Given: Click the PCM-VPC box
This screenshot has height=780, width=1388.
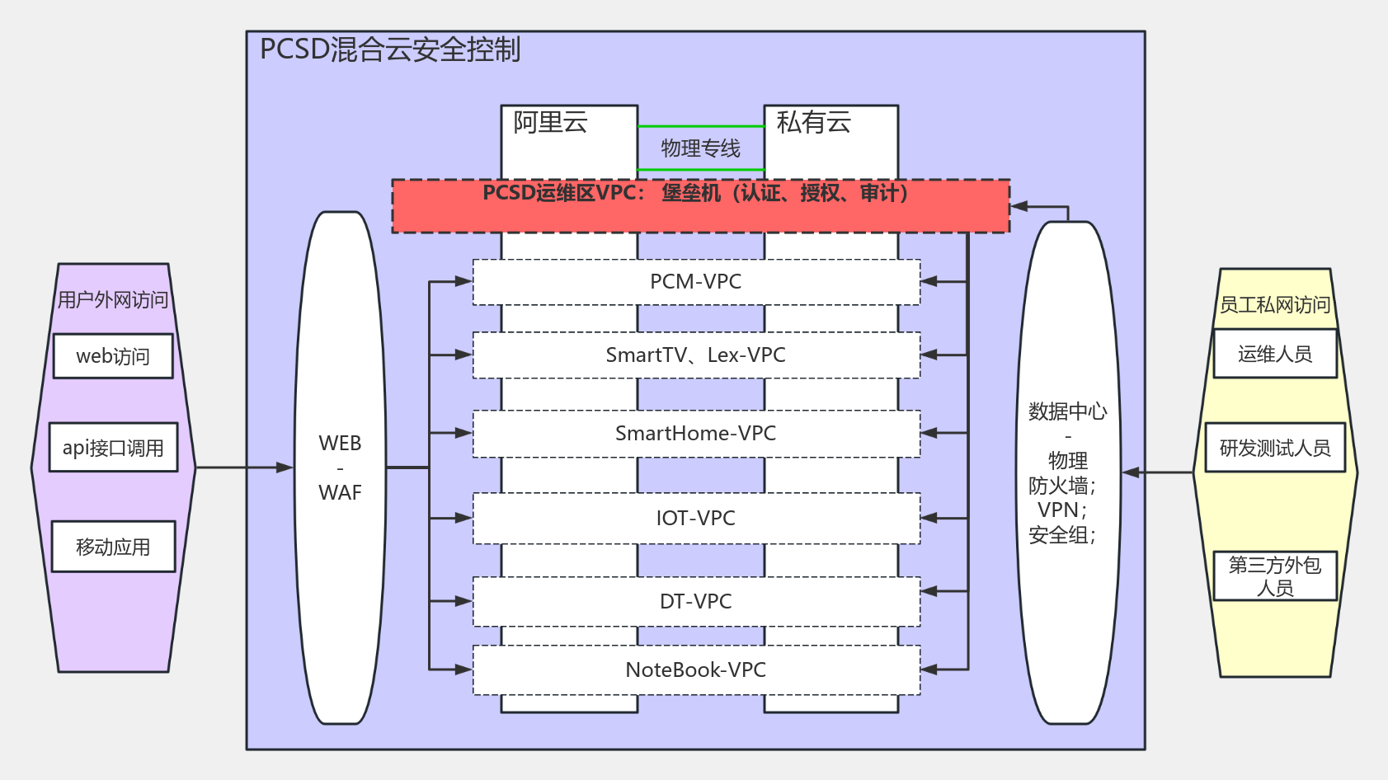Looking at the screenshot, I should click(x=696, y=282).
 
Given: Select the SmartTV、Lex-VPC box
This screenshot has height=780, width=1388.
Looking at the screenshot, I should click(x=696, y=355).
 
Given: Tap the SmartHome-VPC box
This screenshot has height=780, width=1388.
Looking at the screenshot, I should click(x=696, y=434).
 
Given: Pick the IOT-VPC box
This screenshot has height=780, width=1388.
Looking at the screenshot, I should click(x=696, y=519).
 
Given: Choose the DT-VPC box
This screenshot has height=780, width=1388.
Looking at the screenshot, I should click(x=696, y=602).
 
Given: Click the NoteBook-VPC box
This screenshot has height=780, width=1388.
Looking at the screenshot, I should click(x=696, y=670).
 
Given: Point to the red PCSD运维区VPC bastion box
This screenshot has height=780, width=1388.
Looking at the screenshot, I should click(x=700, y=206).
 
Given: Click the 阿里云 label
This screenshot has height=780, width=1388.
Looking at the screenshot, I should click(x=550, y=123).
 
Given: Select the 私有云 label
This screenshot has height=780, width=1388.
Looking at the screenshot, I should click(x=813, y=123).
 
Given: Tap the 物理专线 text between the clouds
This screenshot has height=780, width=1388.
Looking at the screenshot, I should click(x=700, y=148).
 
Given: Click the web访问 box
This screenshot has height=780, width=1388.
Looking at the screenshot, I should click(x=113, y=356).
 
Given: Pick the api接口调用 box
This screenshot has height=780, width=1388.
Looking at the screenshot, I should click(x=113, y=448).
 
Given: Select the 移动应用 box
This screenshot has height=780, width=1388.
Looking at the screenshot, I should click(x=113, y=547).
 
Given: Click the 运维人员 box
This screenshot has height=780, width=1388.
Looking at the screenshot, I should click(x=1274, y=354).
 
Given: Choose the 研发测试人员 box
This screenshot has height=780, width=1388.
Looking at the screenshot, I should click(x=1274, y=448).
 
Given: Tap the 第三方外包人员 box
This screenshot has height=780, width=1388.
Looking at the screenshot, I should click(x=1274, y=576).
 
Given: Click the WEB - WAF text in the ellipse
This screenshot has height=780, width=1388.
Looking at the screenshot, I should click(x=340, y=468).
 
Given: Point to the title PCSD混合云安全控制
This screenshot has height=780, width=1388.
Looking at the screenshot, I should click(x=389, y=49).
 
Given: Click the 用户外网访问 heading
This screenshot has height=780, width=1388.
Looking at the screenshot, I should click(x=112, y=299).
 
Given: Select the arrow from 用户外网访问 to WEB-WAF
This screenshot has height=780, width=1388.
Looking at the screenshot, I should click(x=244, y=468).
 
